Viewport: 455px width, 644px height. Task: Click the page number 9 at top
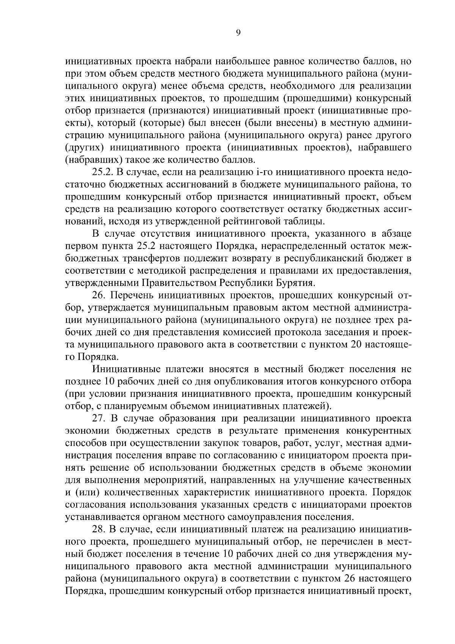pyautogui.click(x=238, y=33)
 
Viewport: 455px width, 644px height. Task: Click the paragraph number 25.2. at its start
pyautogui.click(x=103, y=173)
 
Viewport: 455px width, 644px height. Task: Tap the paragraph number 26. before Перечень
pyautogui.click(x=99, y=295)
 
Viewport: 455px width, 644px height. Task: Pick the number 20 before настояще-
pyautogui.click(x=363, y=344)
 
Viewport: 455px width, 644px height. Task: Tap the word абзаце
pyautogui.click(x=395, y=234)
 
